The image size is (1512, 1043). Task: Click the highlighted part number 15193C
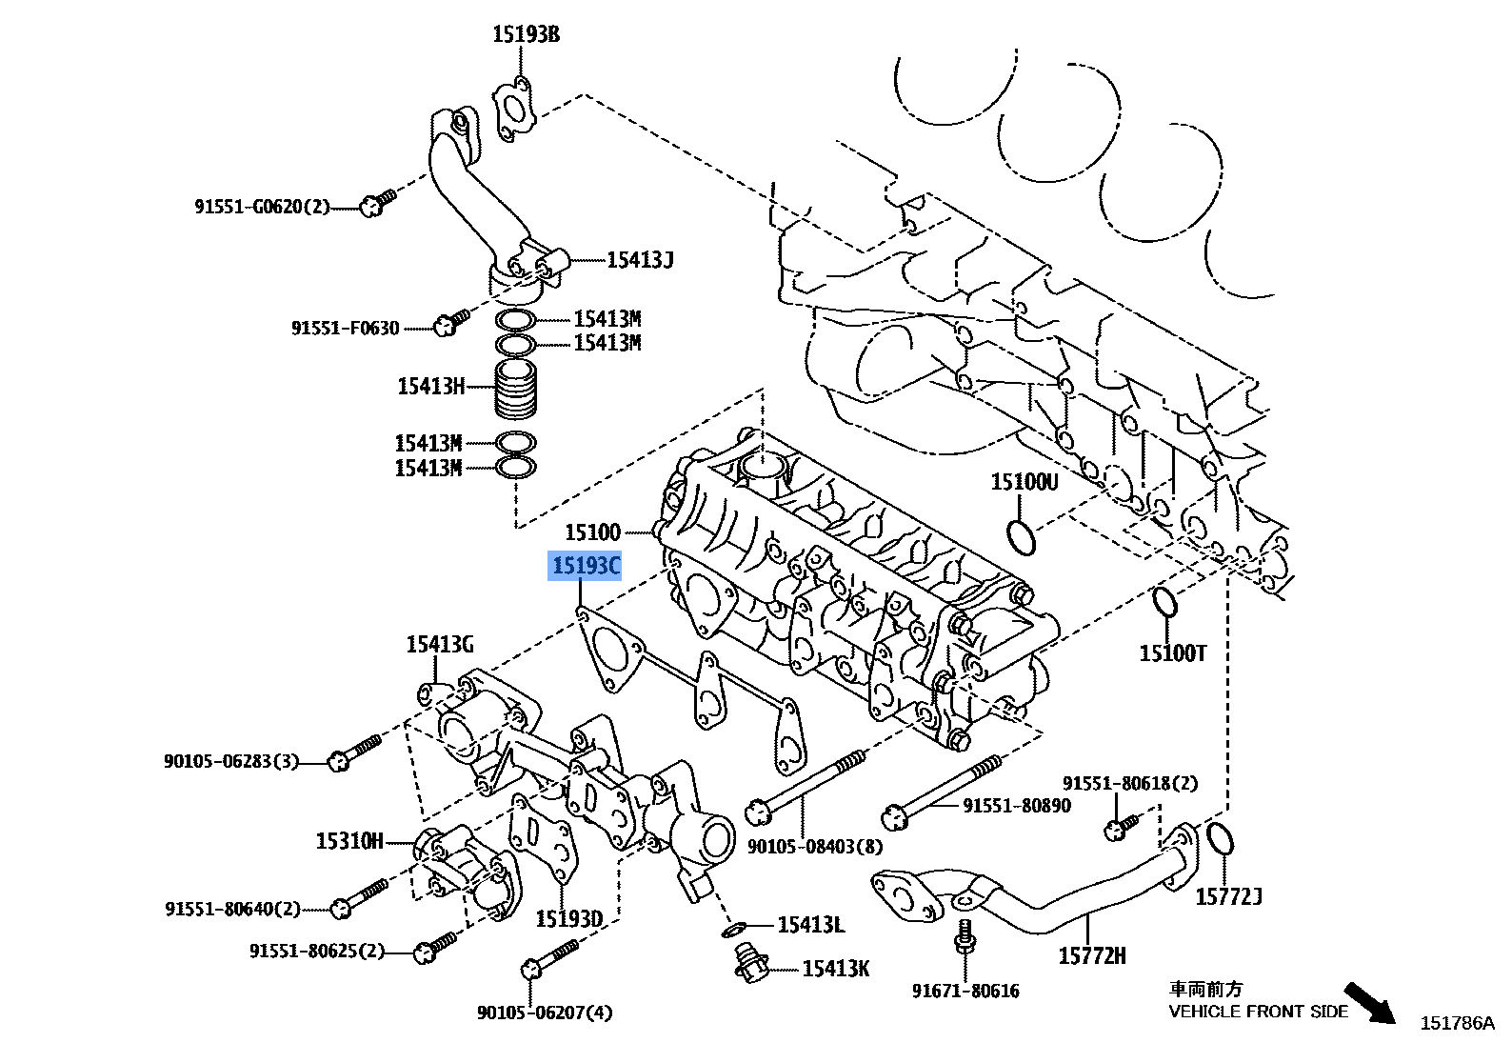[x=585, y=566]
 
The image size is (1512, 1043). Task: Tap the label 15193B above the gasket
[x=526, y=34]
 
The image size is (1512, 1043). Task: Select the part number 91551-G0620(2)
[x=263, y=207]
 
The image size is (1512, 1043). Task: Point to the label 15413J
[x=640, y=260]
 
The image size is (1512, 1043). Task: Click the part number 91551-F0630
[x=346, y=328]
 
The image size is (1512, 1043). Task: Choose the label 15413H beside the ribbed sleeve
[x=430, y=386]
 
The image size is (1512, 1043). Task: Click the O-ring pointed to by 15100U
[x=1021, y=537]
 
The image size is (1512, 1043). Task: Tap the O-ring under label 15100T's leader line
[x=1164, y=603]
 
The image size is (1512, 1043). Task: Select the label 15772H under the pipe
[x=1092, y=956]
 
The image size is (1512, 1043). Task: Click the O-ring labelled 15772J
[x=1220, y=840]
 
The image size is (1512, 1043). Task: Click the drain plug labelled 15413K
[x=748, y=963]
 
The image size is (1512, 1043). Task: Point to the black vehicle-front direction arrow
[x=1369, y=1002]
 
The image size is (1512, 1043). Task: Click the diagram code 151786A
[x=1458, y=1023]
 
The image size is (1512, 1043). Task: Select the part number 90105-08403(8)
[x=815, y=847]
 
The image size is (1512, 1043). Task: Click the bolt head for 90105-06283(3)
[x=338, y=762]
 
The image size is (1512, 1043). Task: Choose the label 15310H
[x=349, y=841]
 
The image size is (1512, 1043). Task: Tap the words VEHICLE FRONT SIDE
[x=1258, y=1012]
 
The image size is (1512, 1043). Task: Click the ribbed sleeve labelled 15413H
[x=516, y=390]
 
